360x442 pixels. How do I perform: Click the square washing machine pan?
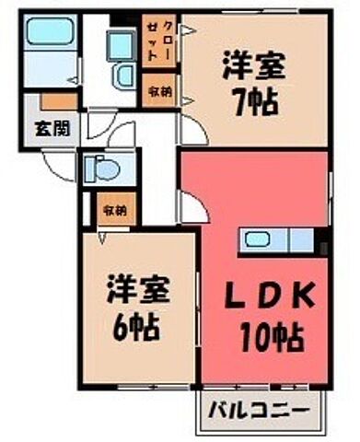coord(120,43)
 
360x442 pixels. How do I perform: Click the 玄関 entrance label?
coord(42,127)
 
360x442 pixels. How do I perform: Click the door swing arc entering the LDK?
coord(191,208)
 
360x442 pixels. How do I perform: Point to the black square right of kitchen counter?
coord(321,245)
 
